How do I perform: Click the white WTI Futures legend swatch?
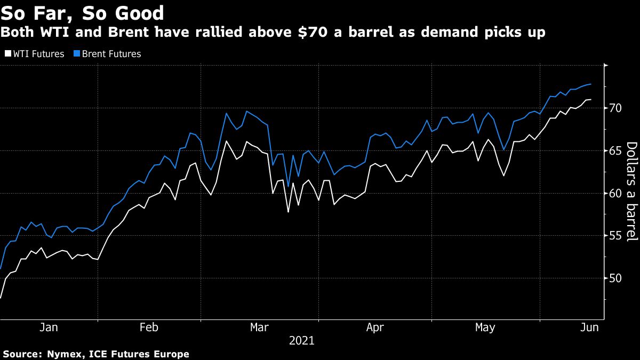tap(7, 54)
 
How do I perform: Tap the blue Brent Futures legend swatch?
tap(76, 54)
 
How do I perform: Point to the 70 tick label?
tap(616, 108)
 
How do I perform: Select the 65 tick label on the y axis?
tap(616, 151)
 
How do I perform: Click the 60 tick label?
tap(616, 194)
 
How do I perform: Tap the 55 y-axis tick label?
tap(616, 236)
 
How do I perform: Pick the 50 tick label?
tap(616, 278)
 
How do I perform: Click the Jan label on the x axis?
tap(49, 327)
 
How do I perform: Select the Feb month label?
tap(149, 327)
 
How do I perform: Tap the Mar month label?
tap(260, 327)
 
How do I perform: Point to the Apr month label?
tap(375, 327)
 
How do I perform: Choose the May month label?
tap(485, 327)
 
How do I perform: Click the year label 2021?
tap(302, 340)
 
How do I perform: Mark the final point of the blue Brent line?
tap(590, 84)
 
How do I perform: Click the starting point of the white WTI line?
tap(1, 298)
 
